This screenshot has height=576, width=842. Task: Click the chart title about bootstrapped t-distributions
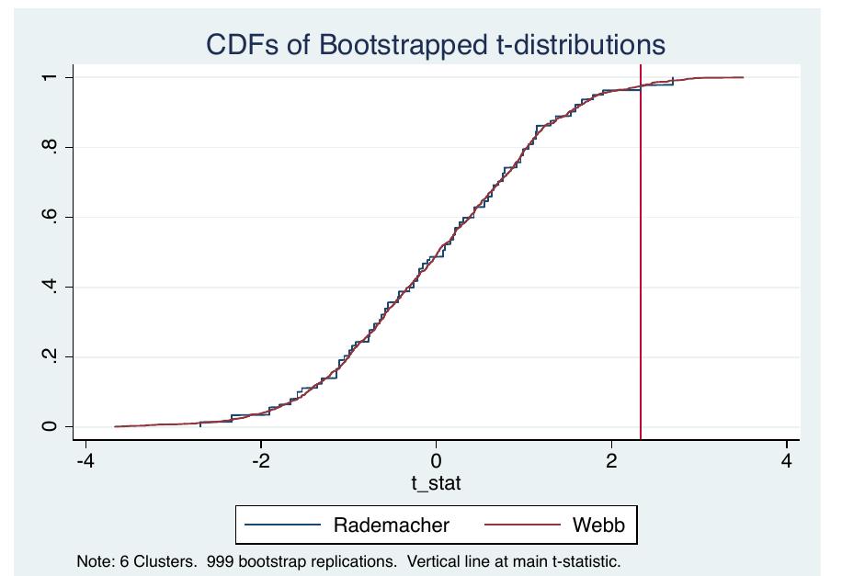[435, 45]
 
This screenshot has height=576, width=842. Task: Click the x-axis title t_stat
[436, 483]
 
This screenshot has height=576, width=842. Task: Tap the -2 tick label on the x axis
[260, 459]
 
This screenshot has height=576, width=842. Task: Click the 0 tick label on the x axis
[436, 459]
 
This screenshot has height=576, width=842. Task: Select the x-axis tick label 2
[611, 459]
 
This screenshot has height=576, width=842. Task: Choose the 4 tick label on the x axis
[787, 459]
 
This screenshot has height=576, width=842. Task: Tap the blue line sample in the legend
[283, 525]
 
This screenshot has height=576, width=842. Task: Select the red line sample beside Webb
[534, 525]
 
